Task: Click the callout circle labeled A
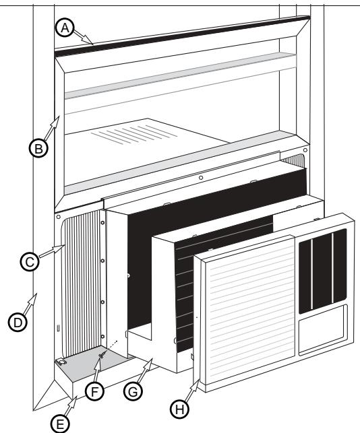click(x=65, y=27)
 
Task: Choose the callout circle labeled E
click(x=61, y=422)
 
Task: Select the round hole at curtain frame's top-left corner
click(x=59, y=218)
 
